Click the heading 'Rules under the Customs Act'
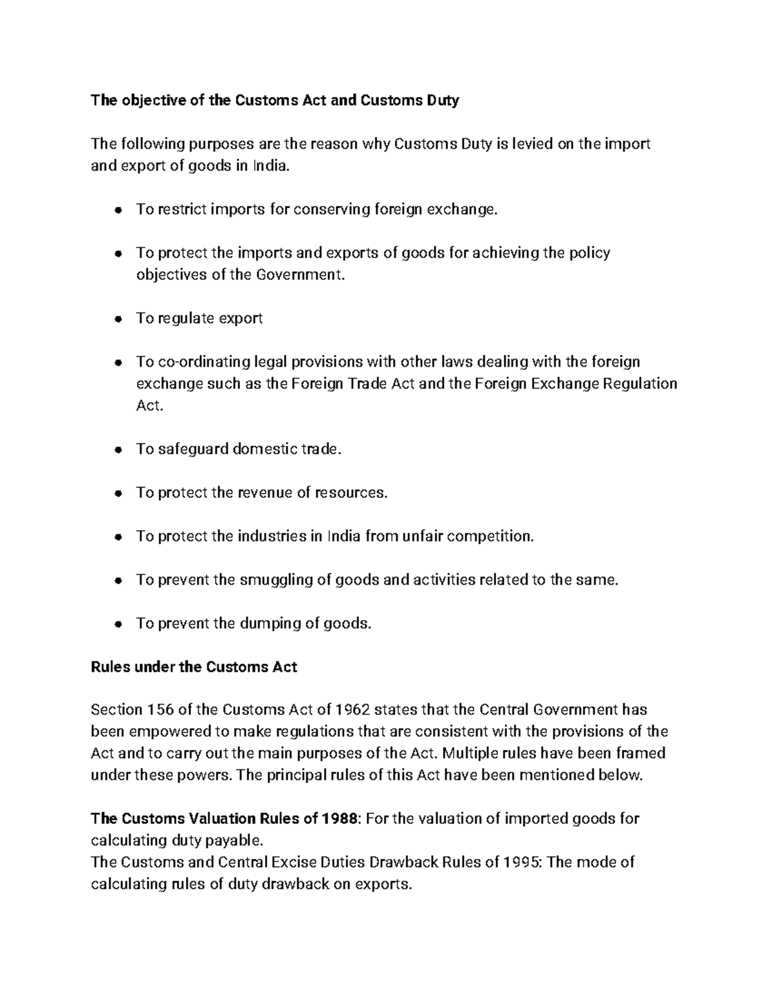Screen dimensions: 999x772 pos(194,667)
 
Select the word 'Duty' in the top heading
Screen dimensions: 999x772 pos(442,100)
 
